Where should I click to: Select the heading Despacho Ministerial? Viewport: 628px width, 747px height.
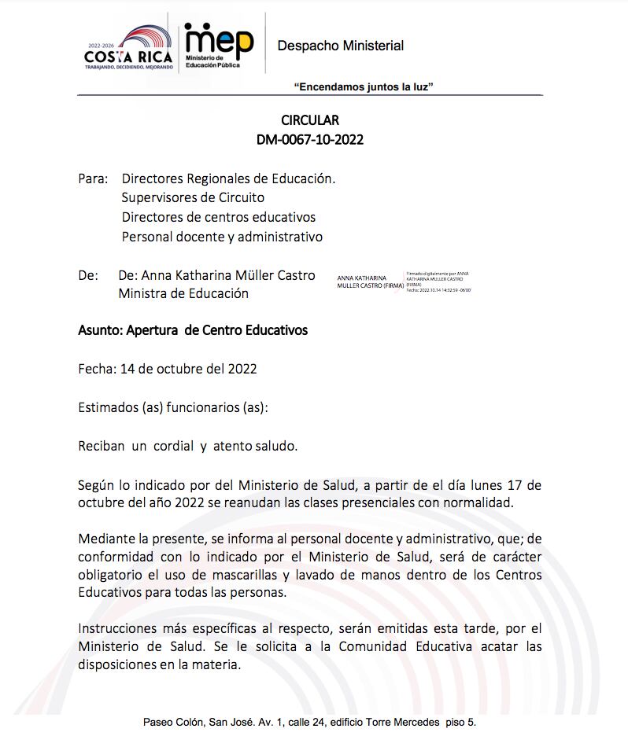(x=340, y=46)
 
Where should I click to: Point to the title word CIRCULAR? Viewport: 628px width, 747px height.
(x=310, y=120)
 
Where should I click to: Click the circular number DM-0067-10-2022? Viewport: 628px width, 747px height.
(x=310, y=140)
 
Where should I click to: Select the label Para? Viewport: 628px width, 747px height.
(x=93, y=178)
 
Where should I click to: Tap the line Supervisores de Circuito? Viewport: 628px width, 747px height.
(x=193, y=197)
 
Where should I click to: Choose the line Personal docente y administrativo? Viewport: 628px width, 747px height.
(x=222, y=236)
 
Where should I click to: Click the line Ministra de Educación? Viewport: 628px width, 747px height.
(x=183, y=293)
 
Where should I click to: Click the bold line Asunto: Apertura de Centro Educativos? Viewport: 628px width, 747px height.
(x=193, y=330)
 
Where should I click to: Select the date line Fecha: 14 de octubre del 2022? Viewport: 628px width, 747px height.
(x=168, y=368)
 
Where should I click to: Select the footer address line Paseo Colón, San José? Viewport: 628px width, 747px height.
(x=309, y=721)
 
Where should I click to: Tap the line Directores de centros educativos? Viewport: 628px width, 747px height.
(x=218, y=217)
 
